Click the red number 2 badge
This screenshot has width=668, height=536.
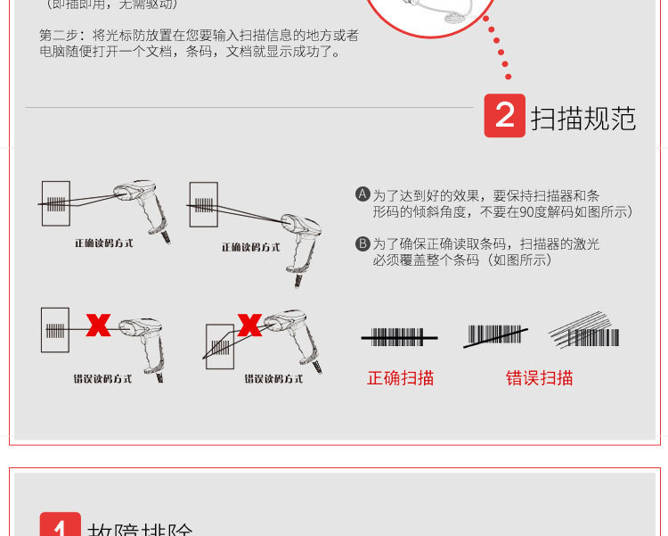pyautogui.click(x=504, y=116)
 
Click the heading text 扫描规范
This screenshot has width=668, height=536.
pyautogui.click(x=583, y=118)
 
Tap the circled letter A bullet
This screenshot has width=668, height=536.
pyautogui.click(x=363, y=194)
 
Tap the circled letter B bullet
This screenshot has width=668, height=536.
pyautogui.click(x=363, y=243)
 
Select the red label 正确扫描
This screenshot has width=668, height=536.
pyautogui.click(x=400, y=378)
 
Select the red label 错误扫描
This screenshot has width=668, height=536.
pyautogui.click(x=539, y=378)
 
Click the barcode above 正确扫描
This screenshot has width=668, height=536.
pyautogui.click(x=398, y=337)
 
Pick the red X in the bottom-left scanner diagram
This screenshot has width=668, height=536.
pyautogui.click(x=98, y=325)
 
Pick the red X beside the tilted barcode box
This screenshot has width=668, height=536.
pyautogui.click(x=250, y=326)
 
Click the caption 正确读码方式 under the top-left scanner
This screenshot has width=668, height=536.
pyautogui.click(x=103, y=243)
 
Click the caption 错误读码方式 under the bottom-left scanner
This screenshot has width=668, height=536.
pyautogui.click(x=102, y=378)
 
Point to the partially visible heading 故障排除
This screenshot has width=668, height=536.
pyautogui.click(x=140, y=528)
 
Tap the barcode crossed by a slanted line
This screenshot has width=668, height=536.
pyautogui.click(x=495, y=335)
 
